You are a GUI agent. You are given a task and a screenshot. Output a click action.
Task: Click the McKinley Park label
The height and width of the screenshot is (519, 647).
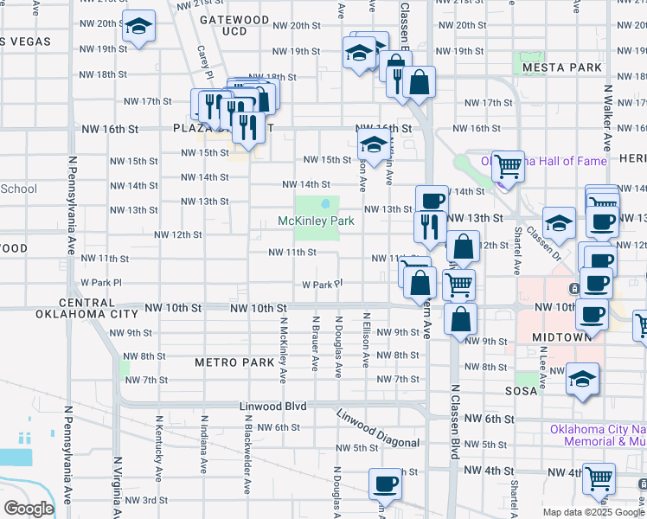[317, 221]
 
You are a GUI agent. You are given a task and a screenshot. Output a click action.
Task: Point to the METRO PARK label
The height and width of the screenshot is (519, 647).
[234, 362]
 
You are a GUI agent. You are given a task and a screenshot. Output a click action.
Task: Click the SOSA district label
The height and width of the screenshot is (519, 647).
[522, 390]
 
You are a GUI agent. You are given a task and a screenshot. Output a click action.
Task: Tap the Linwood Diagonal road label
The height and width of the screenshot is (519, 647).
[379, 429]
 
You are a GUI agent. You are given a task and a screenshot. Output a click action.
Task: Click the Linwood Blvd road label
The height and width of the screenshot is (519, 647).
[273, 406]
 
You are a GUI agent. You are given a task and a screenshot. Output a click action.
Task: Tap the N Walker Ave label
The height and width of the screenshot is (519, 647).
[608, 117]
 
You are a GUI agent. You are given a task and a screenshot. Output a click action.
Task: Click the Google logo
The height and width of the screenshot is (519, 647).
[28, 509]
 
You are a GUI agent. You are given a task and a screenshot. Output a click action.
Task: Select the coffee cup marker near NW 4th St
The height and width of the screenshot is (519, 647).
[385, 484]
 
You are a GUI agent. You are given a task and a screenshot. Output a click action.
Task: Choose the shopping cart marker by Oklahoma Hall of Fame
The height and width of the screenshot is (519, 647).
[509, 164]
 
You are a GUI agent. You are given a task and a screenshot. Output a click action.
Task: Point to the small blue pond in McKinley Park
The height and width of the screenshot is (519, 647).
[325, 204]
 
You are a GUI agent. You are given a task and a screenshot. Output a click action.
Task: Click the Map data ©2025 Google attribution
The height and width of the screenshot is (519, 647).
[593, 512]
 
